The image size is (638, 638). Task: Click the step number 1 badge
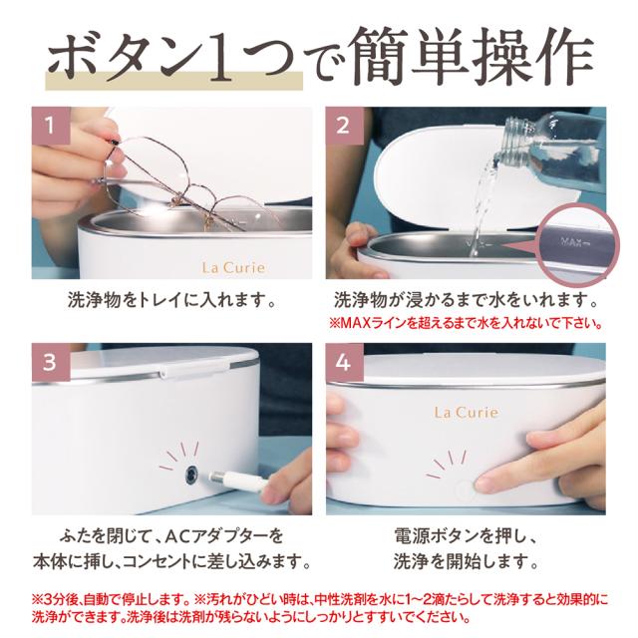[51, 126]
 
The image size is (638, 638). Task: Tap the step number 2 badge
[344, 126]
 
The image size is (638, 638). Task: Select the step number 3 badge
[51, 362]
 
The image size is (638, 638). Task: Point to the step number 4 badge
[344, 362]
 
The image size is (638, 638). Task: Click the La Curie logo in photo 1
[233, 268]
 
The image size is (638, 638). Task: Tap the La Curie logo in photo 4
[467, 412]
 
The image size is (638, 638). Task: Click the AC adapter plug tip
[215, 476]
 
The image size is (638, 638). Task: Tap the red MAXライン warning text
[466, 323]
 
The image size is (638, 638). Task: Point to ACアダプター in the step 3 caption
[217, 535]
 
